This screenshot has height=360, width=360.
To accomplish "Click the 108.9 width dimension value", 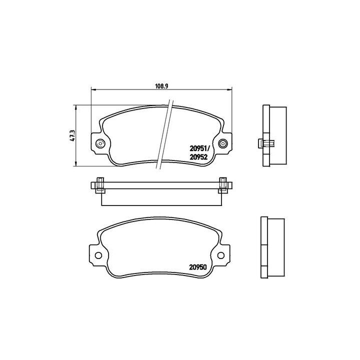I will tap(160, 85).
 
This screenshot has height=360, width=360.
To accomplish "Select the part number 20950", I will tap(198, 266).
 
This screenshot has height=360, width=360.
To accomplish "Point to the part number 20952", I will tap(198, 156).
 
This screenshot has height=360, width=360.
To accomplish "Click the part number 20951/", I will tap(199, 148).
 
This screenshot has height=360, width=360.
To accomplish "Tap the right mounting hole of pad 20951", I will tap(223, 144).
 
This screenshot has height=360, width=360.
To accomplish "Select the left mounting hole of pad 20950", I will tap(98, 255).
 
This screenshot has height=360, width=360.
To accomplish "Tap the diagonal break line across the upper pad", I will tap(165, 135).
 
